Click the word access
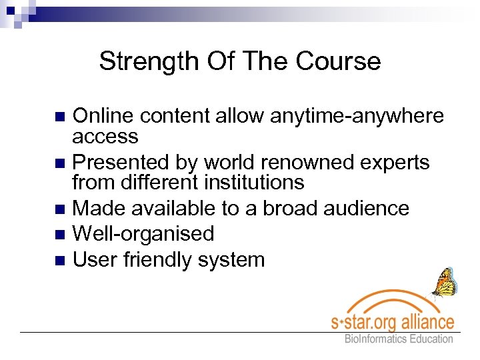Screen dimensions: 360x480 click(105, 137)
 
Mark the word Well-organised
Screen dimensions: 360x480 click(143, 233)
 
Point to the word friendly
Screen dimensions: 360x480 click(163, 259)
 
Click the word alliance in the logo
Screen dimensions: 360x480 click(425, 321)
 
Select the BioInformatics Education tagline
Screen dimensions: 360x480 click(398, 339)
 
